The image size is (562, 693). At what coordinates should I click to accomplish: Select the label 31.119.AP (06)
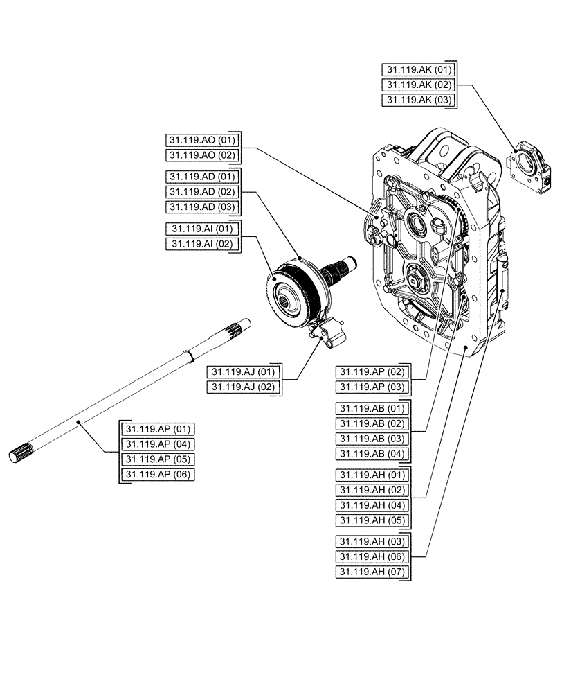[158, 474]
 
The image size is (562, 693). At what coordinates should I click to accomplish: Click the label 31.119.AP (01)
[158, 428]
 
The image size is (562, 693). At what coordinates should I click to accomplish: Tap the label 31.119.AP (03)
[372, 387]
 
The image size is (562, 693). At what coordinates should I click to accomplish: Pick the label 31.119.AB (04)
[372, 454]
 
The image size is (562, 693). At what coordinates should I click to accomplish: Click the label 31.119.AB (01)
[372, 408]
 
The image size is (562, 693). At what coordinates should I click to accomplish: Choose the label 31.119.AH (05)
[372, 520]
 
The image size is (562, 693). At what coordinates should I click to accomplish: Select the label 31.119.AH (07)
[372, 572]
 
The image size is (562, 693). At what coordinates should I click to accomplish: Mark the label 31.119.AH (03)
[372, 541]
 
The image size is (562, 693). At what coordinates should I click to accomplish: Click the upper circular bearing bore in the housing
[419, 224]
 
